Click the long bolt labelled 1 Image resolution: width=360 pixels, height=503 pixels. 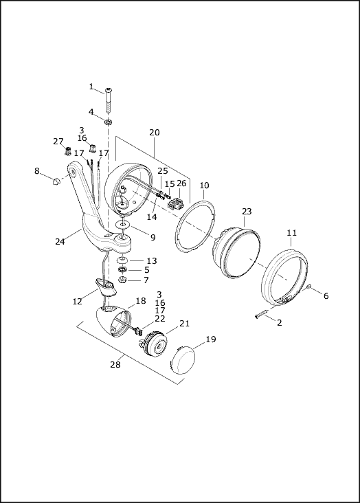[x=109, y=100]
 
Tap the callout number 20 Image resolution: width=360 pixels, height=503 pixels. [x=155, y=132]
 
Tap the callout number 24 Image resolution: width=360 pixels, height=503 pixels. [x=60, y=242]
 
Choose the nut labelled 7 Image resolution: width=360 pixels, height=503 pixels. [x=122, y=280]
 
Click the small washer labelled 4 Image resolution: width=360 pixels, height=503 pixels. [x=108, y=122]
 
